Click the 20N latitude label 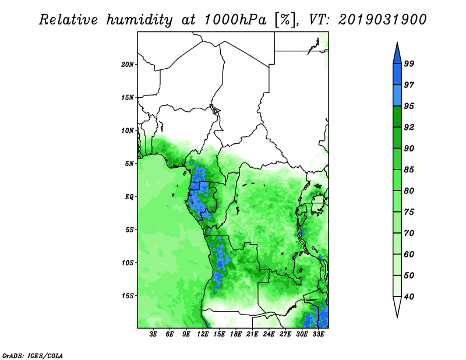[128, 65]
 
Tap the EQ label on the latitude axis [129, 197]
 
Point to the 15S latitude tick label [128, 296]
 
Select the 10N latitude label [128, 130]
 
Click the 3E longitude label [153, 334]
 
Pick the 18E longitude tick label [236, 334]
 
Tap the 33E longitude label [318, 334]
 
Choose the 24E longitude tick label [269, 334]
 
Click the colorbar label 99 [409, 63]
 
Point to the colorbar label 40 [409, 297]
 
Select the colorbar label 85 [409, 170]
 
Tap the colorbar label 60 [409, 255]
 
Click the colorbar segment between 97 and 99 [397, 75]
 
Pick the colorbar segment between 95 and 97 [397, 96]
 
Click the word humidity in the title [139, 20]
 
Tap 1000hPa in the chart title [235, 20]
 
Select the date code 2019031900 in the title [383, 20]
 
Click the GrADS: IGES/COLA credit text [33, 355]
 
